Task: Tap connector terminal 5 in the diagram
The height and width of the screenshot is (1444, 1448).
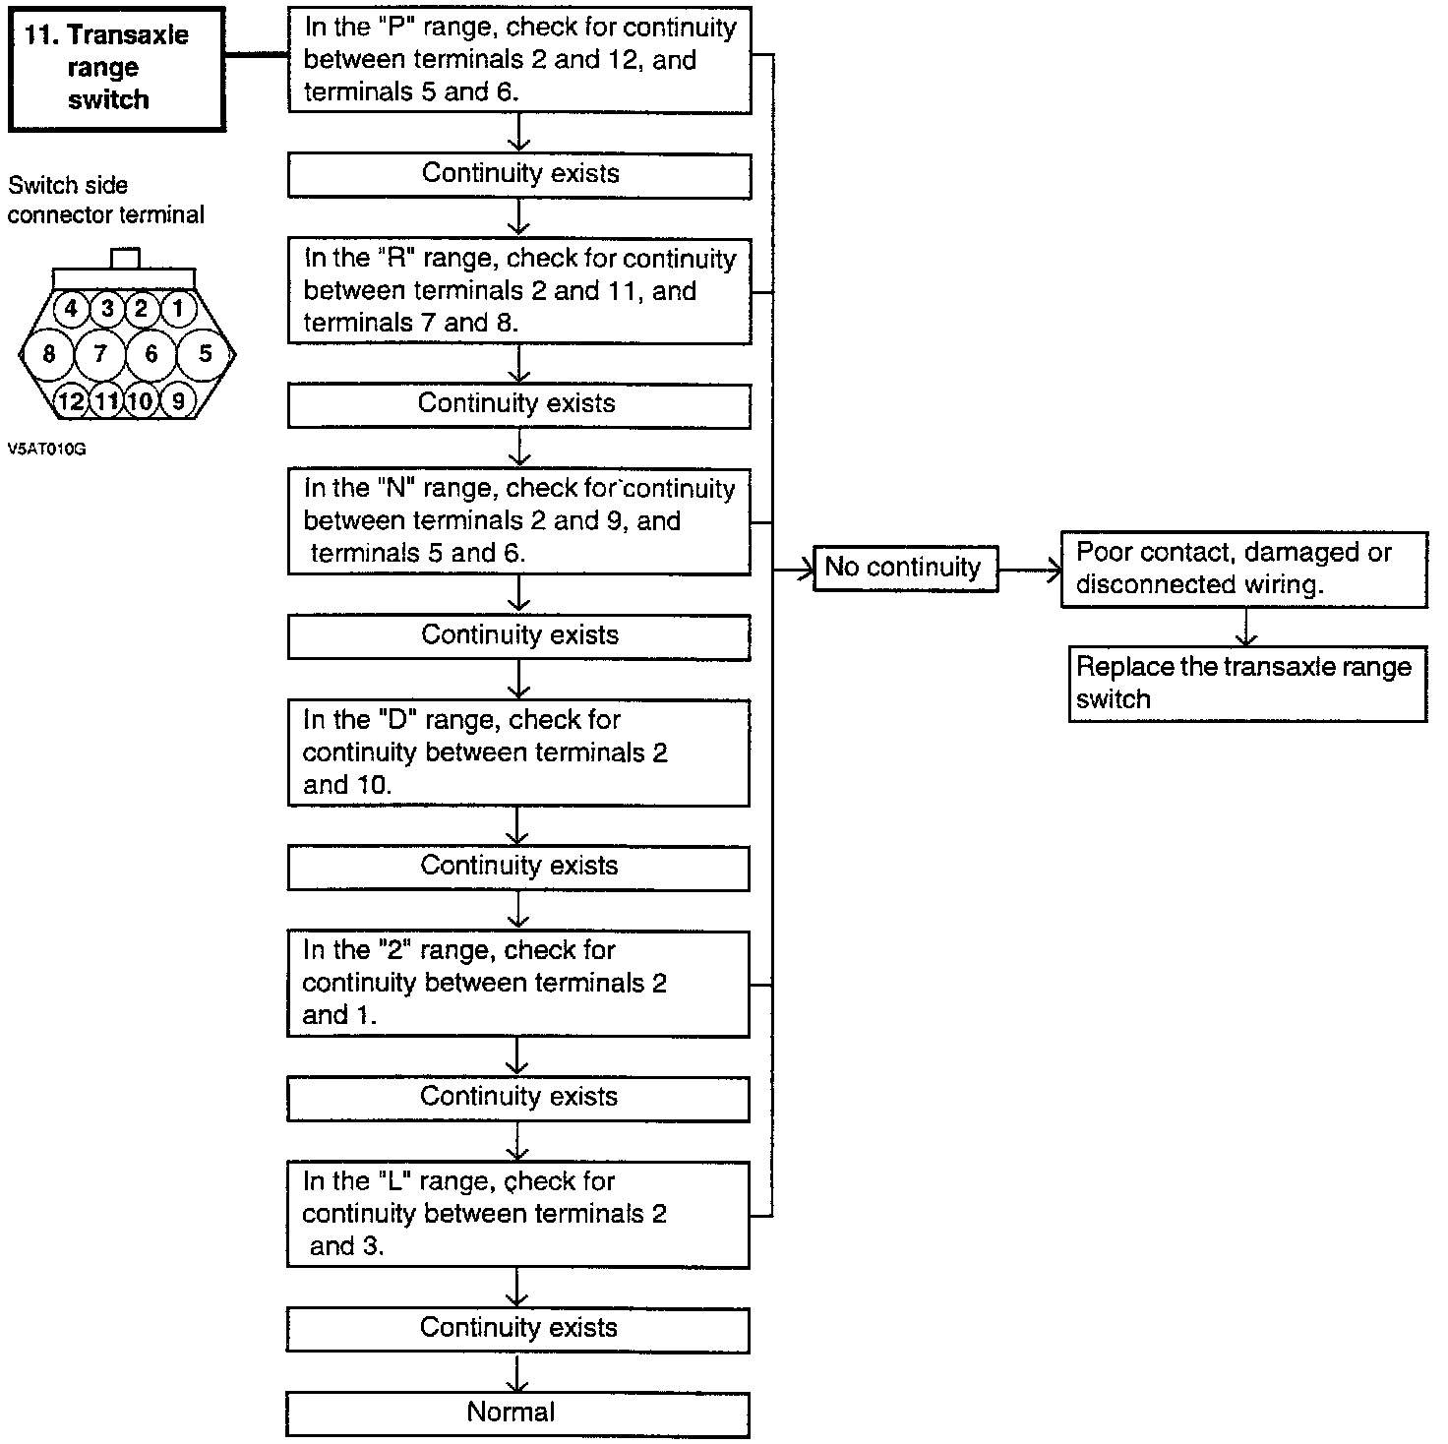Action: [x=205, y=353]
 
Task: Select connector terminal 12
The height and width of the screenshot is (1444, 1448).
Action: [x=71, y=400]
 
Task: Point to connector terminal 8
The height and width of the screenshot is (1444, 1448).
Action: [x=49, y=354]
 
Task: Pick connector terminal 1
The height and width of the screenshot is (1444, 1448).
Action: [x=178, y=309]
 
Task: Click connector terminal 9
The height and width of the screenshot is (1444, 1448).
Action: [x=178, y=400]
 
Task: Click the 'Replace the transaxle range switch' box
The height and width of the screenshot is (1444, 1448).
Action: [x=1246, y=684]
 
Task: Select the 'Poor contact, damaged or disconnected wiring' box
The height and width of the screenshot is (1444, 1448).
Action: [x=1243, y=569]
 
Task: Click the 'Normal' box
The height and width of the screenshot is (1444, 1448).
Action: [x=517, y=1414]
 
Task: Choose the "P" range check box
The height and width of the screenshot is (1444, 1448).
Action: [x=519, y=59]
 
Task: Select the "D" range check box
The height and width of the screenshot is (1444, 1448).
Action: [x=518, y=752]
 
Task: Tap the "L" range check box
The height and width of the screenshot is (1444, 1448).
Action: [x=518, y=1214]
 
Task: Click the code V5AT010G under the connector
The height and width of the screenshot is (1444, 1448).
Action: [x=47, y=449]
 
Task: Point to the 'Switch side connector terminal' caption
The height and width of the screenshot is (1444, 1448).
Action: [x=106, y=200]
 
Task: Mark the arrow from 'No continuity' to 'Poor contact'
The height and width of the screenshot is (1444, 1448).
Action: [x=1031, y=569]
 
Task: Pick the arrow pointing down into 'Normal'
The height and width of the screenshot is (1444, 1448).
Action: [x=516, y=1373]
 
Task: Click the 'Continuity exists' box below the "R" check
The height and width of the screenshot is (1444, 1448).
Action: [x=518, y=404]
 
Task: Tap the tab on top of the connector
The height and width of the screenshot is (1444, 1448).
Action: [x=126, y=258]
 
